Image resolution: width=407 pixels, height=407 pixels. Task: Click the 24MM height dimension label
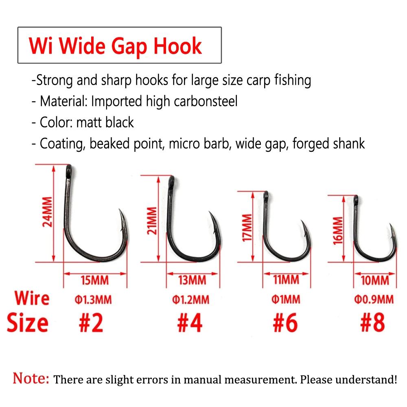[x=48, y=212]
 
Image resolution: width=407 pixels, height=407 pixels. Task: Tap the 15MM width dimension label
[x=94, y=280]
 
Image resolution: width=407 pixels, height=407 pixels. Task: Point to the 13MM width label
[x=192, y=280]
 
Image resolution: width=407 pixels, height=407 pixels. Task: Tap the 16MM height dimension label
[x=338, y=230]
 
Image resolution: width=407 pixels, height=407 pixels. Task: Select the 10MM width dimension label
[x=375, y=280]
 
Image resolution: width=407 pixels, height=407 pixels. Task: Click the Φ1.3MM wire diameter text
[x=93, y=300]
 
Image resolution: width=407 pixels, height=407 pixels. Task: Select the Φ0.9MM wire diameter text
[x=373, y=300]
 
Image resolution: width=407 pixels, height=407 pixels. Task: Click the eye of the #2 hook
[x=68, y=168]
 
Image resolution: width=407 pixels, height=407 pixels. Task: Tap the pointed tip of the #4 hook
[x=210, y=214]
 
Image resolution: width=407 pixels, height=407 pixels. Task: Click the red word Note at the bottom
[x=31, y=379]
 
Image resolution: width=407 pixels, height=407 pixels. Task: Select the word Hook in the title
[x=178, y=46]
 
